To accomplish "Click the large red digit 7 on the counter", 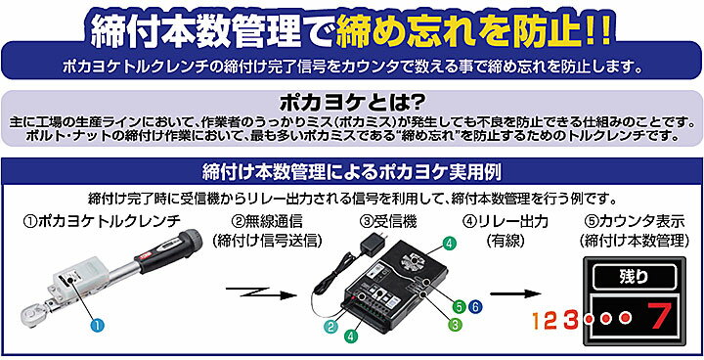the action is [x=659, y=317].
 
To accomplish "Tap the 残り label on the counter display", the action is [x=634, y=277].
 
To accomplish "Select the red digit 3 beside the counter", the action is [x=571, y=320].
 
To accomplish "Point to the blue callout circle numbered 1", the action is [x=97, y=325].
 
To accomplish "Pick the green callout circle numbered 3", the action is [x=455, y=324].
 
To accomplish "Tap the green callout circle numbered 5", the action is [x=459, y=306].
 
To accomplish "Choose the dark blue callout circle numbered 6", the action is [x=474, y=306].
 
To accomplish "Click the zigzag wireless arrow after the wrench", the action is [x=261, y=292].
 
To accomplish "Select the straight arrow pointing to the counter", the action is [x=515, y=293].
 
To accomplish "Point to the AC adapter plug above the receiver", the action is [x=374, y=242].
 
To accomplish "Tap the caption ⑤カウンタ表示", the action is [x=635, y=221].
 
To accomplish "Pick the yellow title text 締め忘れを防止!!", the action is [x=473, y=31].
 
